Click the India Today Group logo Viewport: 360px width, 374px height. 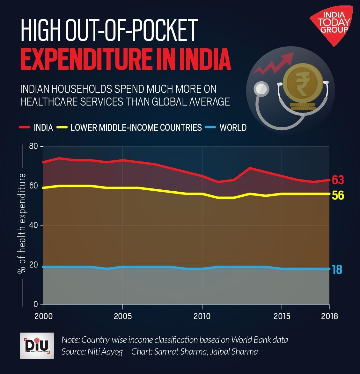[x=332, y=24]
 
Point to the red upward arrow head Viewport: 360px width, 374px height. [x=289, y=58]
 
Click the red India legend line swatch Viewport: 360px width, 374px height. [x=24, y=128]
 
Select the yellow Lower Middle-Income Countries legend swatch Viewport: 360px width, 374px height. [x=62, y=128]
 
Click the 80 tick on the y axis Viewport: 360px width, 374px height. [x=34, y=146]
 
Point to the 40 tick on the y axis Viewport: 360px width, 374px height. [x=34, y=225]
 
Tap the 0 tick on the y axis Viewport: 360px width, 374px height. [x=36, y=304]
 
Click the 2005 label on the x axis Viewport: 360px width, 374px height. [x=122, y=316]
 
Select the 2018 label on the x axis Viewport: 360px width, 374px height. [x=329, y=316]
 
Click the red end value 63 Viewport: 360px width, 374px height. [x=338, y=180]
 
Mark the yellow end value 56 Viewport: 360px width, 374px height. [x=338, y=195]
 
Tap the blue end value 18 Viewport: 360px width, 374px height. [x=337, y=269]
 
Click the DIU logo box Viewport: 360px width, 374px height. [x=37, y=346]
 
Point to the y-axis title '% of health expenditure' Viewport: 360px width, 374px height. [x=22, y=223]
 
